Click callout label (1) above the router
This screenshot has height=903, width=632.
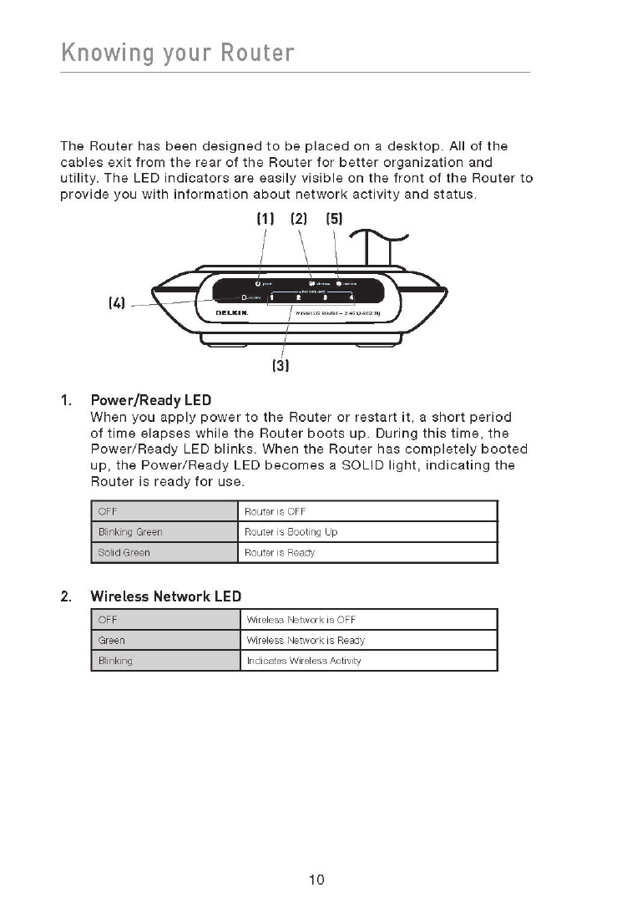click(x=265, y=220)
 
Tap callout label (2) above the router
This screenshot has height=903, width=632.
click(x=300, y=220)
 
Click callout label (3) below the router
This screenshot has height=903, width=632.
click(x=280, y=365)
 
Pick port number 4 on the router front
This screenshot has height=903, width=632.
click(x=351, y=297)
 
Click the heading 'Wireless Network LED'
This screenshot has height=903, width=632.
click(x=165, y=596)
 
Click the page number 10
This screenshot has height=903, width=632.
click(x=316, y=880)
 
